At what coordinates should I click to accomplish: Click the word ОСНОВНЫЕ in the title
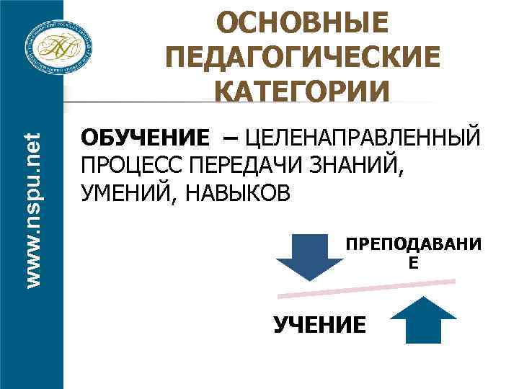tap(302, 22)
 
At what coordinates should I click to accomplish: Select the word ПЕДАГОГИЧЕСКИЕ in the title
tap(302, 57)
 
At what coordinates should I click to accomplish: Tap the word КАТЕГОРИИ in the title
tap(302, 92)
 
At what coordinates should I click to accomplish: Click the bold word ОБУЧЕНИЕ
tap(146, 137)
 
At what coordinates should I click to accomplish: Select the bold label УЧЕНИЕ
tap(319, 325)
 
